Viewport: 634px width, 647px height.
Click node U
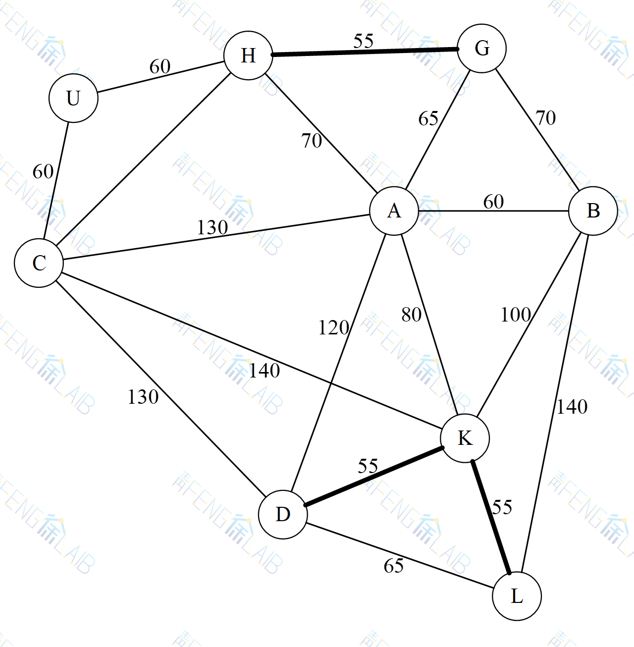click(x=73, y=98)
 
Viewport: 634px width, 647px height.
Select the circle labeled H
click(x=248, y=55)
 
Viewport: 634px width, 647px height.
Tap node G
click(x=481, y=49)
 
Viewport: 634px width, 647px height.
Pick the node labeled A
click(x=394, y=211)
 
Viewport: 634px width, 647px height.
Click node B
click(x=593, y=211)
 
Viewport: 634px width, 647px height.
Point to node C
click(x=39, y=263)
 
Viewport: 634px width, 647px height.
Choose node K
click(x=465, y=438)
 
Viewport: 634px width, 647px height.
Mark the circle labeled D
click(x=283, y=515)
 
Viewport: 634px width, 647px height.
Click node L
click(x=517, y=596)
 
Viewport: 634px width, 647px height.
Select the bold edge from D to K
click(x=374, y=477)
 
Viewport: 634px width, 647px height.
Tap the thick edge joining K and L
click(x=491, y=517)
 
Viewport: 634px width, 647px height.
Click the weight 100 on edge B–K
click(x=516, y=315)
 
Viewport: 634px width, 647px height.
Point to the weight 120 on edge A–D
click(x=333, y=327)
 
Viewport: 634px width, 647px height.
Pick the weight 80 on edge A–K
click(x=411, y=315)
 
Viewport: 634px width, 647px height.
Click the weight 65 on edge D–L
click(x=394, y=566)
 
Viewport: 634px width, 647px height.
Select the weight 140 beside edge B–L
click(x=572, y=407)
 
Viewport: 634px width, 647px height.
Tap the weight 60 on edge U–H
click(x=160, y=66)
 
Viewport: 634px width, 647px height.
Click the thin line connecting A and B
click(x=493, y=211)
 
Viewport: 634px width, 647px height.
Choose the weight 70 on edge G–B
click(x=545, y=118)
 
